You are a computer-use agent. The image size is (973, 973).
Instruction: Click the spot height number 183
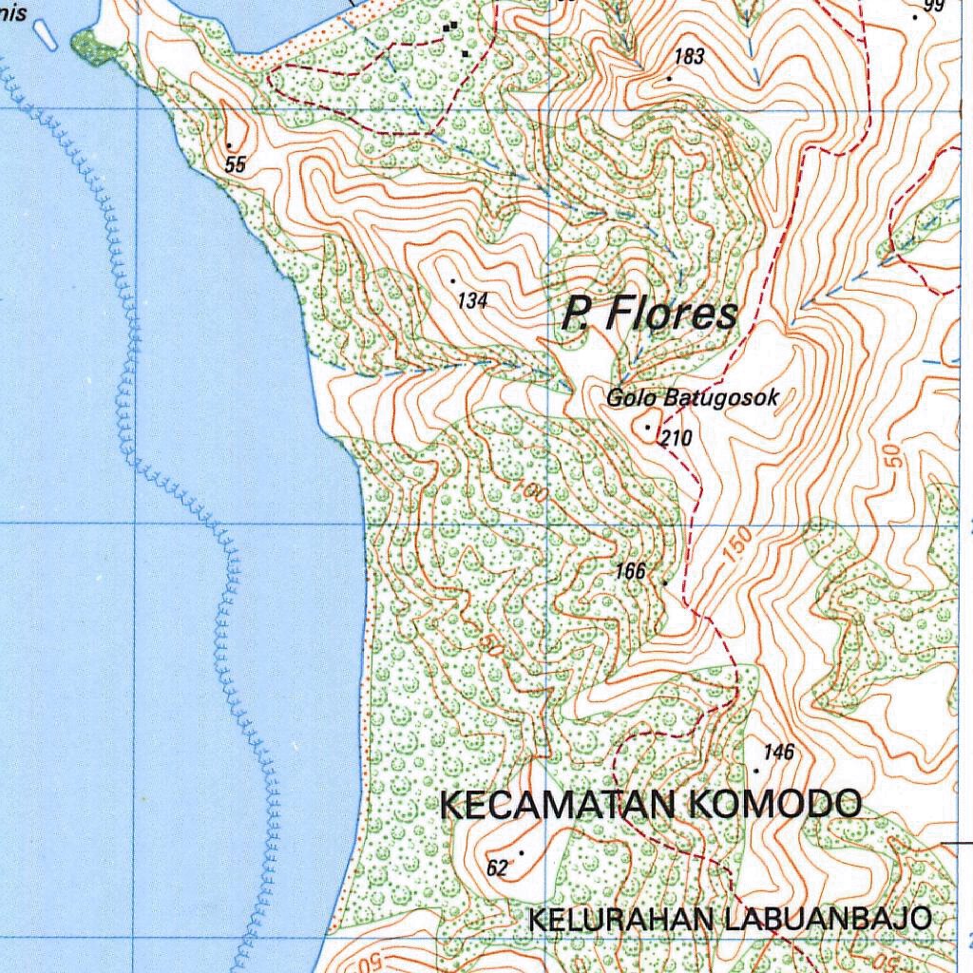[x=690, y=57]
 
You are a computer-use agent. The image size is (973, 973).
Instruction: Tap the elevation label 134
[x=472, y=301]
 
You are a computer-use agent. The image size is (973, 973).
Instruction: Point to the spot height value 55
[x=236, y=164]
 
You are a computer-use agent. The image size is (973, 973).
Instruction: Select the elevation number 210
[x=677, y=438]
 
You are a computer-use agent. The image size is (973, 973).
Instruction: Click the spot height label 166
[x=631, y=571]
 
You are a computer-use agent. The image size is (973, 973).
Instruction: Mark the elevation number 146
[x=778, y=753]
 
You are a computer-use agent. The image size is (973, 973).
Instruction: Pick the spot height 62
[x=497, y=868]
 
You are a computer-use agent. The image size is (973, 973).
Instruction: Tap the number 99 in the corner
[x=934, y=7]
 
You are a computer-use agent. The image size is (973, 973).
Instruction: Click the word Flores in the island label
[x=672, y=314]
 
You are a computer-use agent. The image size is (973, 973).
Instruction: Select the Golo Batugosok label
[x=693, y=398]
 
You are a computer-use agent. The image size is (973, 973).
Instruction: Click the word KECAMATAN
[x=557, y=805]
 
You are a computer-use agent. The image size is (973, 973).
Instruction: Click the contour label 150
[x=737, y=545]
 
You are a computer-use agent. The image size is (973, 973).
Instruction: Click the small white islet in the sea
[x=42, y=35]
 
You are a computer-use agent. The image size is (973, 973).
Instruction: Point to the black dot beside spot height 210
[x=648, y=427]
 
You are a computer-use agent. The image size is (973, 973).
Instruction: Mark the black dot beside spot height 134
[x=453, y=280]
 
